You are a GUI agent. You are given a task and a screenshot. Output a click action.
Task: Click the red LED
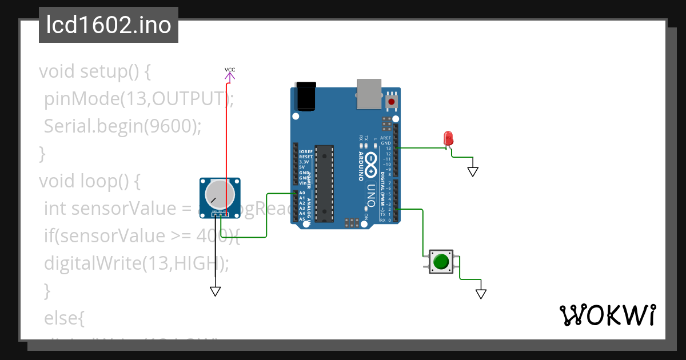pos(448,138)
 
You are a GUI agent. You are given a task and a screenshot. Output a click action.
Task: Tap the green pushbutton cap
pos(441,261)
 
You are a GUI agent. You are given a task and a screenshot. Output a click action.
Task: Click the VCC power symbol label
pos(230,70)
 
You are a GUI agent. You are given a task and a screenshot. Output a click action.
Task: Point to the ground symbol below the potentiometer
pos(216,291)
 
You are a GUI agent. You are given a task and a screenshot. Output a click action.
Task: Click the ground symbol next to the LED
pos(473,171)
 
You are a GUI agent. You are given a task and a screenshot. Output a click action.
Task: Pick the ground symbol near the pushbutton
pos(481,294)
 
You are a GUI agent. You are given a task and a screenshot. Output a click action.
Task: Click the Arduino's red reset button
pos(392,102)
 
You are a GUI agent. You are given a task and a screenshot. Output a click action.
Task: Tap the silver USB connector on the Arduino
pos(370,94)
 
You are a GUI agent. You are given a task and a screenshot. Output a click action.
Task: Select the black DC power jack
pos(306,96)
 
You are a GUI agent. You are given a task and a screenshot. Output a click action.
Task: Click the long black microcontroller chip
pos(324,183)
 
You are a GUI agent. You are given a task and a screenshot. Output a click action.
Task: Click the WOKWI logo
pos(607,315)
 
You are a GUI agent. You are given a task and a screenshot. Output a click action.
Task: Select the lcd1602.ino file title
pos(109,25)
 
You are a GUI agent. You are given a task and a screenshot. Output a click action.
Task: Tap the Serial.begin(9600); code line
pos(122,126)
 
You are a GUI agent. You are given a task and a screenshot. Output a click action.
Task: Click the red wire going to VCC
pos(226,143)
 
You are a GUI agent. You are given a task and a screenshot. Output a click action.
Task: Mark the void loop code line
pos(89,181)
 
